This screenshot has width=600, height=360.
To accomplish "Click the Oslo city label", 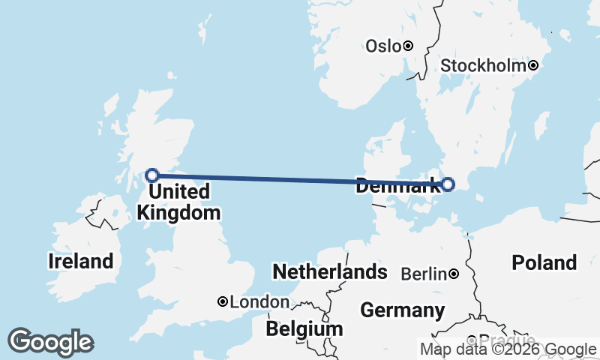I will (383, 46).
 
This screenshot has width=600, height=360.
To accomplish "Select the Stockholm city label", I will (483, 66).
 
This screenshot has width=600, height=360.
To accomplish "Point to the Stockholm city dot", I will (533, 66).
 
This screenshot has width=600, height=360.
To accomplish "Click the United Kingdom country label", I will (178, 202).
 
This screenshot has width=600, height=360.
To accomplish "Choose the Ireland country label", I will (80, 261).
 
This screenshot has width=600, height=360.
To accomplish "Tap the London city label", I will (259, 301).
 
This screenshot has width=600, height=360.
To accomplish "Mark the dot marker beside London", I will (223, 301).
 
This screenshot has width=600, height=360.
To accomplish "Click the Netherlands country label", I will (329, 271).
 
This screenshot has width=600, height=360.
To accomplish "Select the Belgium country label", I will (304, 328).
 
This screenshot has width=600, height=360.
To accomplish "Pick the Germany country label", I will (402, 310).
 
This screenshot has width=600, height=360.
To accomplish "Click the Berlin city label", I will (424, 274).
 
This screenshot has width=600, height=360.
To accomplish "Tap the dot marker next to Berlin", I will (454, 274).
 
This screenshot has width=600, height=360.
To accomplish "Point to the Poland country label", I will (544, 262).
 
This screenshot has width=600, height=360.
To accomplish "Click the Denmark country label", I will (397, 188).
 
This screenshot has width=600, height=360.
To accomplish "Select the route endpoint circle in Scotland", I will (152, 175).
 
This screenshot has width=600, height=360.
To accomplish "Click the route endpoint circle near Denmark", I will (448, 184).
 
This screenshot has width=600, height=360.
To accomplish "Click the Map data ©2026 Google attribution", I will (508, 349).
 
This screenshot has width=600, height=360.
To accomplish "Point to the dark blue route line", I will (300, 180).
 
